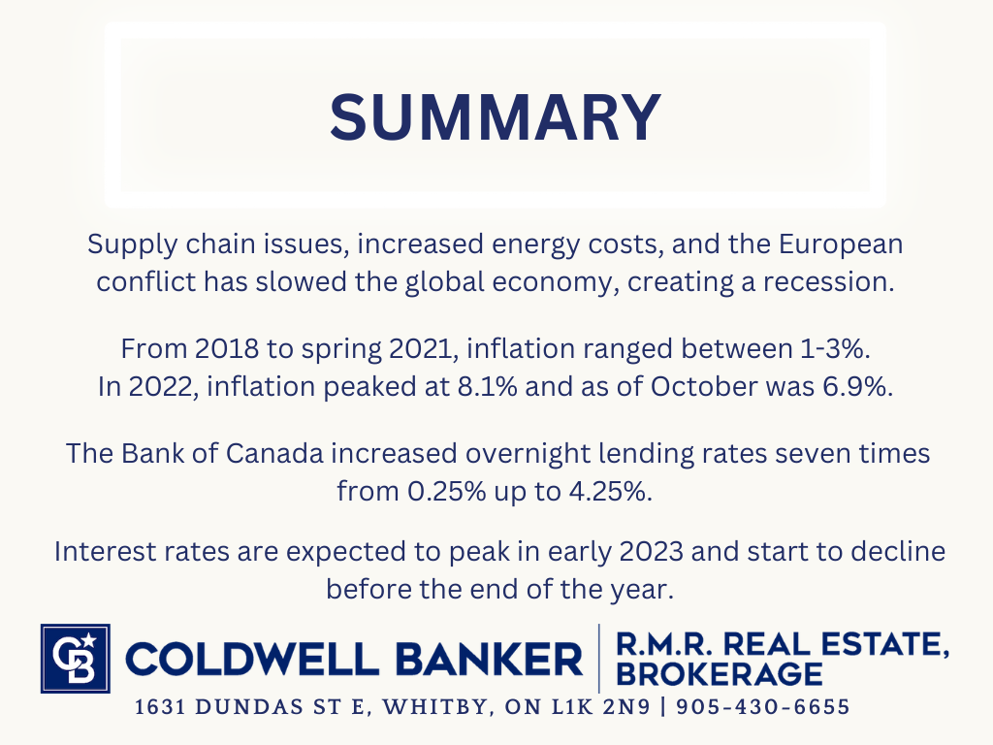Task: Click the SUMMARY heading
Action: [496, 117]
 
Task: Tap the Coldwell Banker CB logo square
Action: [76, 659]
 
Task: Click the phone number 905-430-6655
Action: [763, 707]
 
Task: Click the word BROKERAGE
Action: [720, 674]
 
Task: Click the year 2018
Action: [227, 349]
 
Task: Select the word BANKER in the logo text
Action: [489, 659]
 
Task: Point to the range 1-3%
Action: [835, 349]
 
